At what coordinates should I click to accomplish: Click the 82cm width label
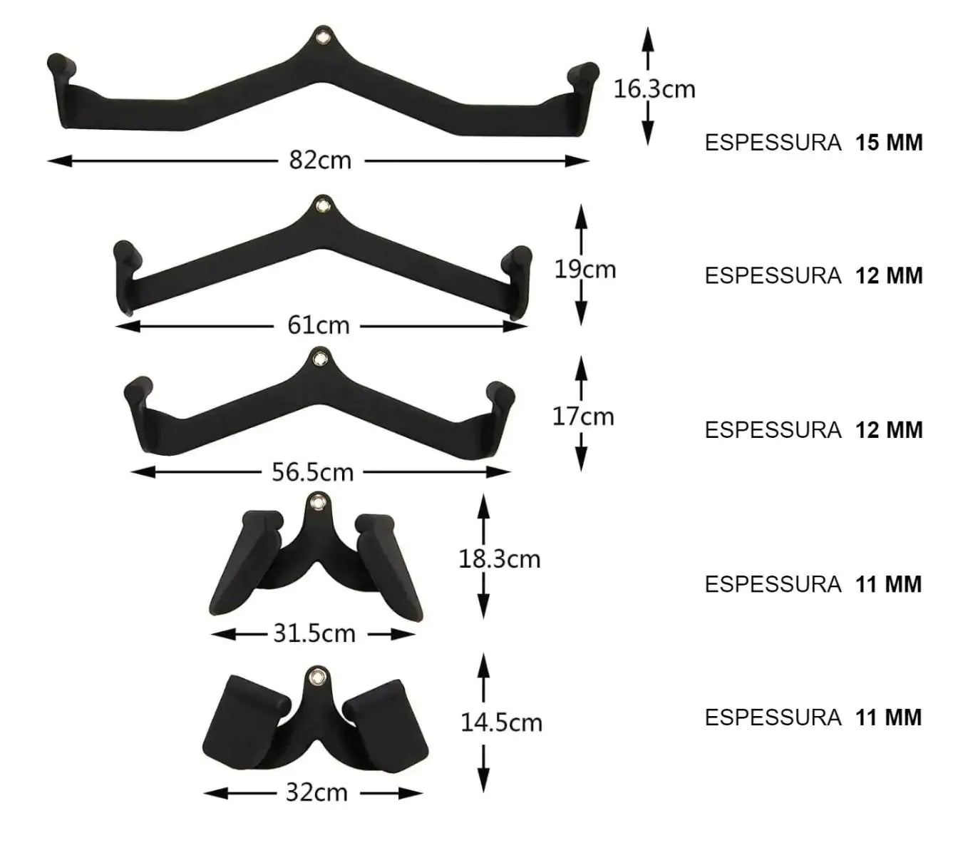(320, 160)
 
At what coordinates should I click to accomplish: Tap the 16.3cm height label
(654, 89)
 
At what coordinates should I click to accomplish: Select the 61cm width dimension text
(319, 325)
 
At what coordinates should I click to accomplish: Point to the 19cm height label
(585, 270)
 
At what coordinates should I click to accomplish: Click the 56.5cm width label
(313, 472)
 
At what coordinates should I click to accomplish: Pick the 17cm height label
(583, 417)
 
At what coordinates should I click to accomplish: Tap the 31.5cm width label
(314, 633)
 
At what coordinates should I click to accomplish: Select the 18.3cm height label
(500, 559)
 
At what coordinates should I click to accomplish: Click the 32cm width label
(317, 792)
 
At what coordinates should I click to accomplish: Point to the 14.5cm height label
(502, 722)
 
